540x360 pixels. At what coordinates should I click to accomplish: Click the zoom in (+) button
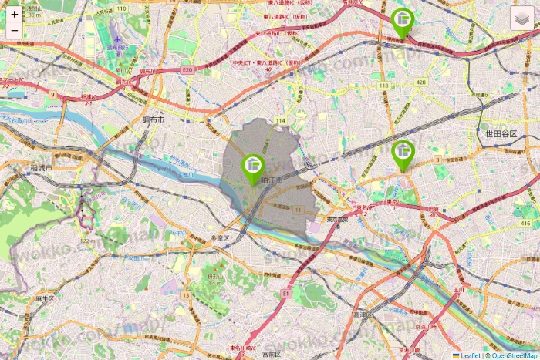(15, 14)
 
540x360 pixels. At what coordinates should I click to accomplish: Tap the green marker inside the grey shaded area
(252, 167)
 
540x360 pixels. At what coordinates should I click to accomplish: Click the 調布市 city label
(154, 120)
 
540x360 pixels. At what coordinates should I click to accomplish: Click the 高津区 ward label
(363, 315)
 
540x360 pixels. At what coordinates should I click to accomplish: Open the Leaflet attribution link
(470, 355)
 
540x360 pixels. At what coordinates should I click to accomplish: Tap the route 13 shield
(186, 294)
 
